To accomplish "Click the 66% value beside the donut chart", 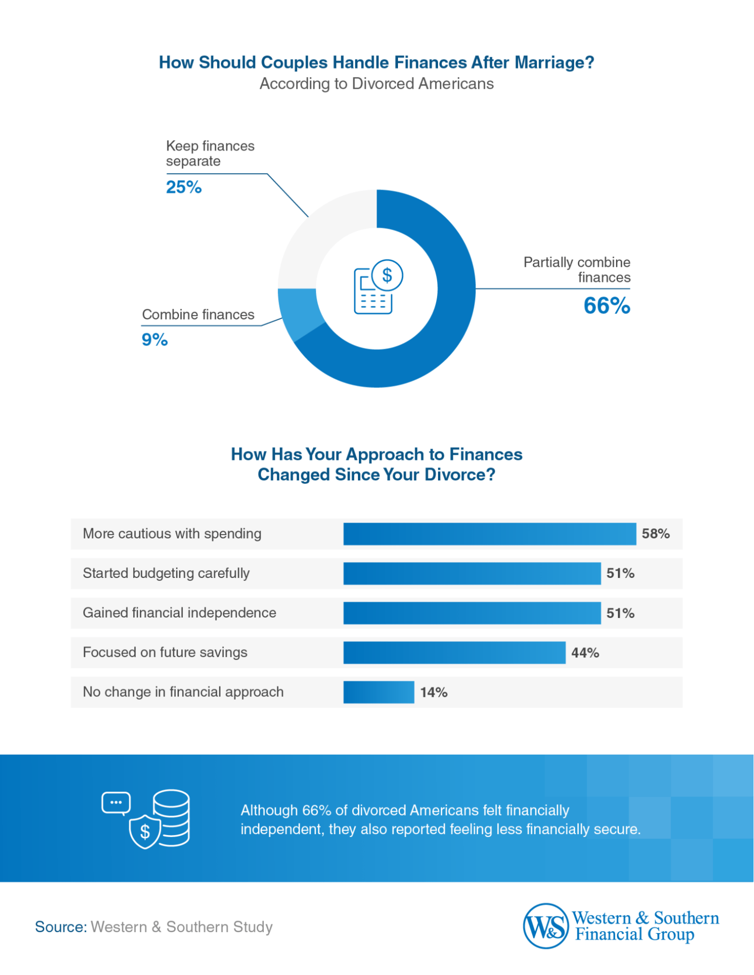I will click(x=607, y=306).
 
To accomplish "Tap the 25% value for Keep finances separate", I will click(x=183, y=187).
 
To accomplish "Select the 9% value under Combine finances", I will click(x=155, y=339).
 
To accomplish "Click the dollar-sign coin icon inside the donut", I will click(x=387, y=275).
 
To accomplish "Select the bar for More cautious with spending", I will click(x=489, y=534).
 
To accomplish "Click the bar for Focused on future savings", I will click(x=454, y=653).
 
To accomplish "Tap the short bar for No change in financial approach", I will click(x=378, y=692).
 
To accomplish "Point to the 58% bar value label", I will click(x=655, y=534).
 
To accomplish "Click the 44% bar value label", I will click(x=585, y=653).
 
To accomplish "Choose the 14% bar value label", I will click(x=434, y=692).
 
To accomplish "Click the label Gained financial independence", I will click(x=179, y=613).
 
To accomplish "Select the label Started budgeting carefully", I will click(x=166, y=573).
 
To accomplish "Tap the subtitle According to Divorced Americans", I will click(x=377, y=84).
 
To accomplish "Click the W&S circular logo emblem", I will click(x=546, y=926).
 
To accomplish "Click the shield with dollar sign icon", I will click(x=145, y=831).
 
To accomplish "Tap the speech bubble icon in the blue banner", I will click(x=116, y=803).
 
